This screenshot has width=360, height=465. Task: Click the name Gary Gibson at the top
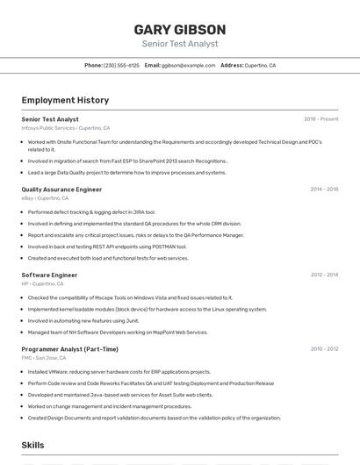click(x=179, y=30)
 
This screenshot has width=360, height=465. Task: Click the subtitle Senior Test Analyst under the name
click(x=179, y=44)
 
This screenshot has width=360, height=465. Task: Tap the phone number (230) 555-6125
click(x=121, y=66)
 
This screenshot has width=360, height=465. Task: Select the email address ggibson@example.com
click(x=188, y=66)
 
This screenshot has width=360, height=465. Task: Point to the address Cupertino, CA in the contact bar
click(x=260, y=66)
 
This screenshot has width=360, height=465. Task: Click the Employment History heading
click(x=65, y=101)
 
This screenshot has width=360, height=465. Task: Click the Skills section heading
click(x=33, y=446)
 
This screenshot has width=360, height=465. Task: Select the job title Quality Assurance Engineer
click(x=61, y=190)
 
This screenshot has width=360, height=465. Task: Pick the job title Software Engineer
click(x=49, y=275)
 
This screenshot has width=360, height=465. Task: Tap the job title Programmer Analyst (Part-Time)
click(x=69, y=349)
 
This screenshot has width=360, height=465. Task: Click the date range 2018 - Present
click(x=320, y=119)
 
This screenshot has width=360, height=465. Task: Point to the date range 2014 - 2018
click(x=324, y=190)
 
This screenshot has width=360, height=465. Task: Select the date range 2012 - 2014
click(x=324, y=275)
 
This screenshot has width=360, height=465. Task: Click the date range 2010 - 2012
click(x=324, y=349)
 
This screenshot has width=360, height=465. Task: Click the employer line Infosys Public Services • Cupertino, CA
click(x=66, y=128)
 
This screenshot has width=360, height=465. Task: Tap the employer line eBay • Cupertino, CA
click(x=45, y=198)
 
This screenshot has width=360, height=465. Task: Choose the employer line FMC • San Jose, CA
click(x=44, y=358)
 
